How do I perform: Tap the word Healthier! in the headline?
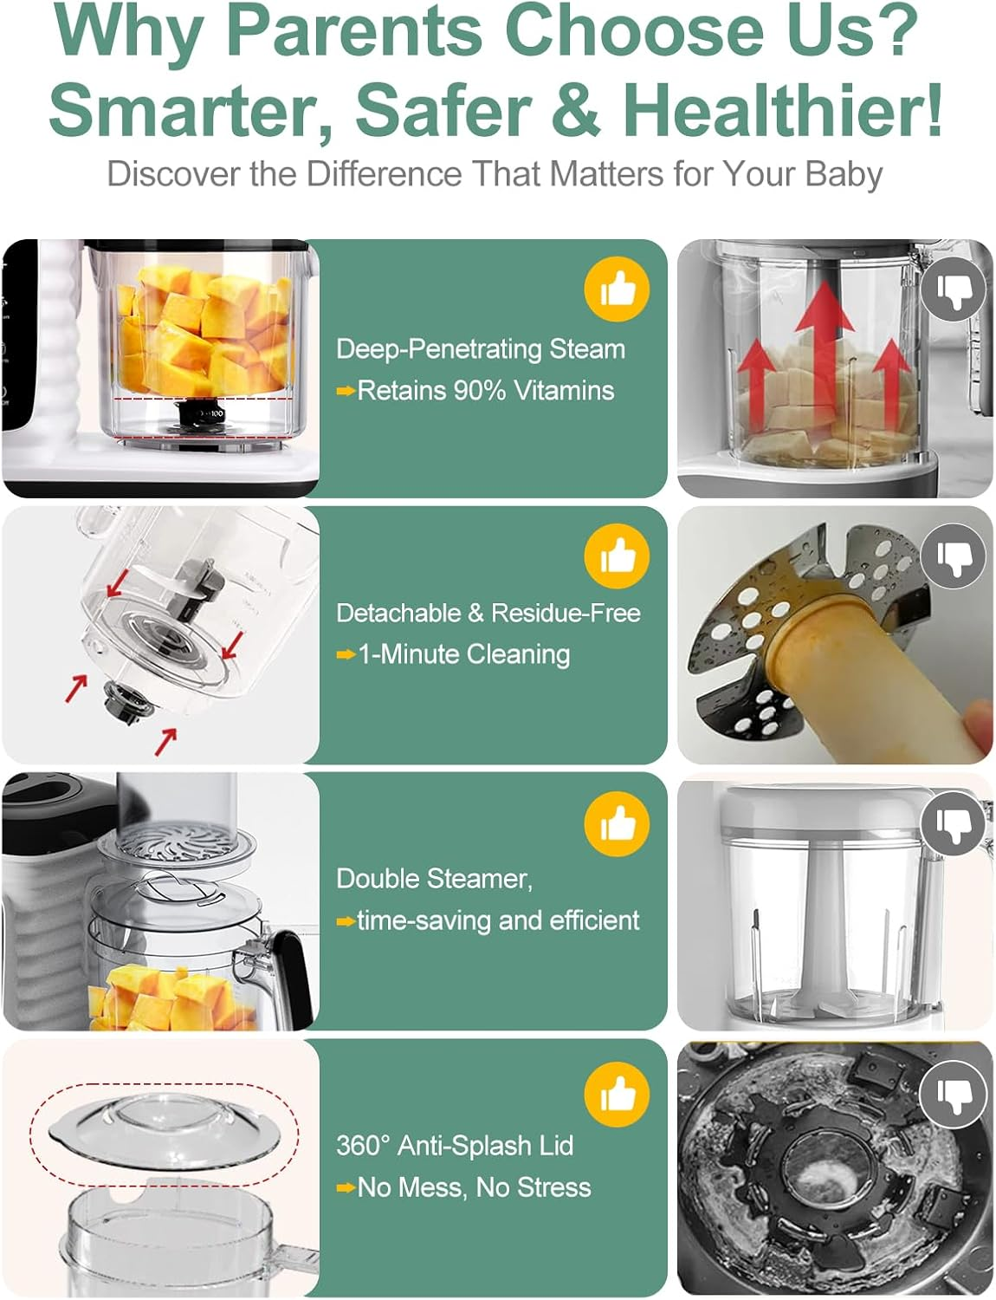point(782,110)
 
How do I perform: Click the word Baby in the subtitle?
point(844,174)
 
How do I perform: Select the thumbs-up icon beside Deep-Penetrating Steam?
point(617,289)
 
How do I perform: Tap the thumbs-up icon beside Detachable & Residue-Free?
point(617,556)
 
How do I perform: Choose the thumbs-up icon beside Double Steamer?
point(617,823)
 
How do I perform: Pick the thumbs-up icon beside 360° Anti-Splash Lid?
point(617,1095)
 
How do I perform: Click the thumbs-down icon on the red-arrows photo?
point(953,289)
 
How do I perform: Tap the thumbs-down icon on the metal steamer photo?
point(953,556)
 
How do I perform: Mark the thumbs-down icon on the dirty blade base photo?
point(953,1095)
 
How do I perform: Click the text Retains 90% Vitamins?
point(485,391)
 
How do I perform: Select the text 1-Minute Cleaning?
point(463,654)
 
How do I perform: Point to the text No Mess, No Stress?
point(474,1187)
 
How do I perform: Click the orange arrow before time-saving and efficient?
point(346,921)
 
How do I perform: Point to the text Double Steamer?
point(434,879)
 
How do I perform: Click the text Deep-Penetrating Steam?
point(481,349)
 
